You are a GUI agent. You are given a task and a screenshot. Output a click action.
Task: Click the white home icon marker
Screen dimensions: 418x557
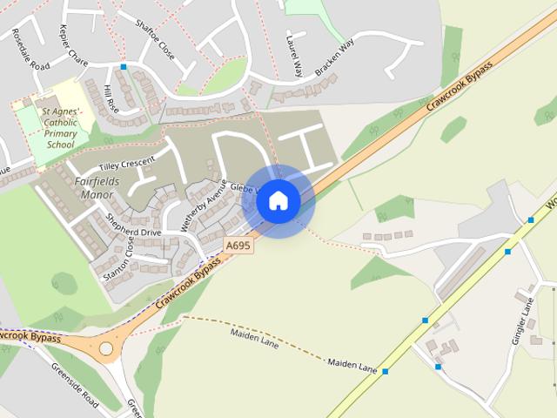(278, 200)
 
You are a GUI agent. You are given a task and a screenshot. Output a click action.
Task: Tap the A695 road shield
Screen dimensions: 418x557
(238, 246)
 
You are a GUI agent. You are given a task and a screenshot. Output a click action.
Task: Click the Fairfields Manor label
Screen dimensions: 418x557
(101, 188)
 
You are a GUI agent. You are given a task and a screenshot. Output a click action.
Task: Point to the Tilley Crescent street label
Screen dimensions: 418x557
(126, 164)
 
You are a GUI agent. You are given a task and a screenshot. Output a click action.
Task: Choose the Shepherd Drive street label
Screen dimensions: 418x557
(133, 226)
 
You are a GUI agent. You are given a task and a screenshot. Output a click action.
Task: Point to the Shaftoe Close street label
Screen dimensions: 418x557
(155, 40)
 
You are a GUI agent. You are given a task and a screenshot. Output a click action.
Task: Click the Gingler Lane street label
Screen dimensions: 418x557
(527, 319)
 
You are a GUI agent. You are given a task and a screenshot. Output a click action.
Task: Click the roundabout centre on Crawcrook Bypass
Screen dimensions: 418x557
(106, 348)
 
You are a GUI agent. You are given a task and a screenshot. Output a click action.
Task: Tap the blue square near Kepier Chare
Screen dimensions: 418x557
(124, 66)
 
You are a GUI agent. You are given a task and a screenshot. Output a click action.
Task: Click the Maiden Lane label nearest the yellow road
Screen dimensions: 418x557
(352, 362)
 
